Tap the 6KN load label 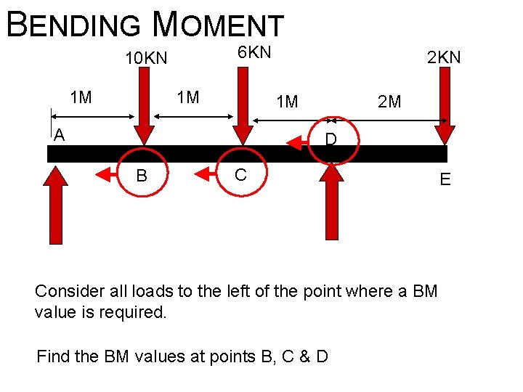pyautogui.click(x=254, y=52)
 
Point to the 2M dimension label pyautogui.click(x=389, y=102)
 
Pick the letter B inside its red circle pyautogui.click(x=142, y=175)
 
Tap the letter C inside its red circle pyautogui.click(x=240, y=174)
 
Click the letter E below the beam pyautogui.click(x=445, y=179)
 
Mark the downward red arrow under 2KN pyautogui.click(x=444, y=109)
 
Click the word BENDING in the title pyautogui.click(x=73, y=24)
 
